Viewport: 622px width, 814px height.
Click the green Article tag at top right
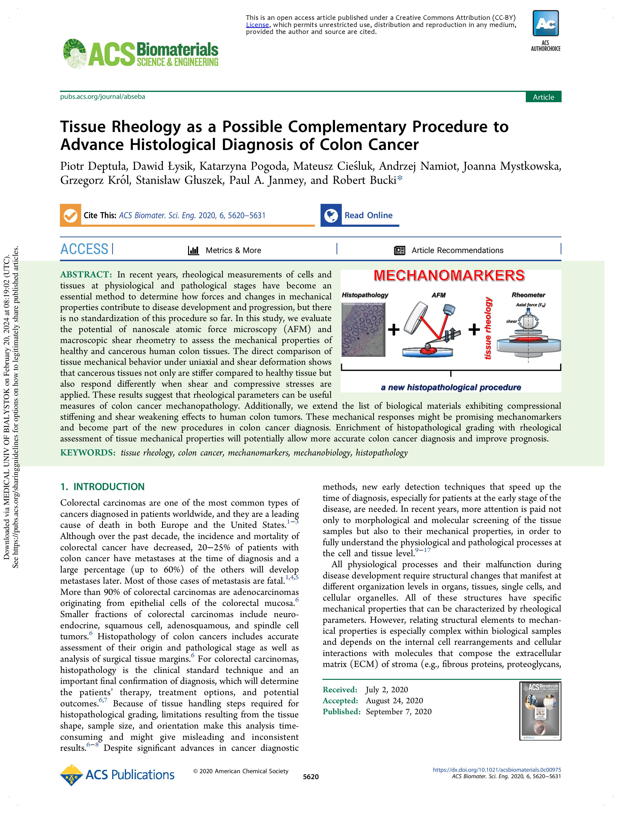(x=543, y=97)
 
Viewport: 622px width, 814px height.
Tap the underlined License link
(x=257, y=25)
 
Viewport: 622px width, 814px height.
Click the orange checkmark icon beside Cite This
(x=70, y=215)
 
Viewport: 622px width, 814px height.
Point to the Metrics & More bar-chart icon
(x=194, y=250)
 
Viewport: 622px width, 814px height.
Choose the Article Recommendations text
(x=457, y=250)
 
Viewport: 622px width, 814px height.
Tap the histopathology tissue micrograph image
(x=363, y=329)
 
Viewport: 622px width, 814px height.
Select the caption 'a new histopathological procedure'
(x=451, y=387)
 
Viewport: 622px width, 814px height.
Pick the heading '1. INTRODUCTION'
(x=103, y=487)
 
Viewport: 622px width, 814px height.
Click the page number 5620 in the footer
(x=311, y=777)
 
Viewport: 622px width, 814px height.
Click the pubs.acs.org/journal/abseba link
(x=103, y=97)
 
